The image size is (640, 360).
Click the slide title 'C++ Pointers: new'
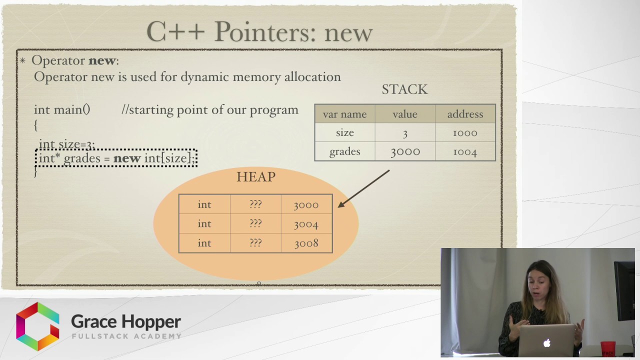tap(259, 32)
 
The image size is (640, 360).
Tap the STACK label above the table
tap(404, 89)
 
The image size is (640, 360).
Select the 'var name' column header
tap(344, 114)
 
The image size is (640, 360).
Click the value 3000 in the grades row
tap(405, 151)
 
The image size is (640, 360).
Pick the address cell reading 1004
tap(465, 151)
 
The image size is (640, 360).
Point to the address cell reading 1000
tap(465, 132)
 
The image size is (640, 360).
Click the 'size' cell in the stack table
tap(344, 132)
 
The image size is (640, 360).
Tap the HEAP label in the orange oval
tap(256, 177)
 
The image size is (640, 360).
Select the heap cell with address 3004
tap(306, 224)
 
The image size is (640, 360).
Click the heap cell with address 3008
tap(306, 243)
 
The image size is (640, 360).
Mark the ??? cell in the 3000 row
tap(255, 204)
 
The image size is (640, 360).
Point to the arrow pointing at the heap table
tap(363, 188)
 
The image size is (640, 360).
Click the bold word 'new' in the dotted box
tap(127, 158)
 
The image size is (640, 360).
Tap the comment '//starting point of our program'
tap(210, 110)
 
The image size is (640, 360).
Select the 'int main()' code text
tap(62, 110)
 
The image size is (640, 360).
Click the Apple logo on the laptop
tap(547, 343)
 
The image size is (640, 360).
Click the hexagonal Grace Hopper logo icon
tap(37, 326)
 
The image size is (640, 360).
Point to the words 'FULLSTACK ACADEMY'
tap(126, 336)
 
